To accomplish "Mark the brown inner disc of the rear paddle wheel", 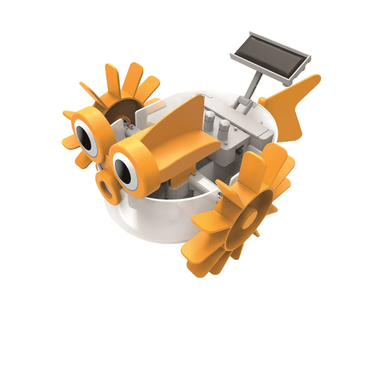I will (x=122, y=106).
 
